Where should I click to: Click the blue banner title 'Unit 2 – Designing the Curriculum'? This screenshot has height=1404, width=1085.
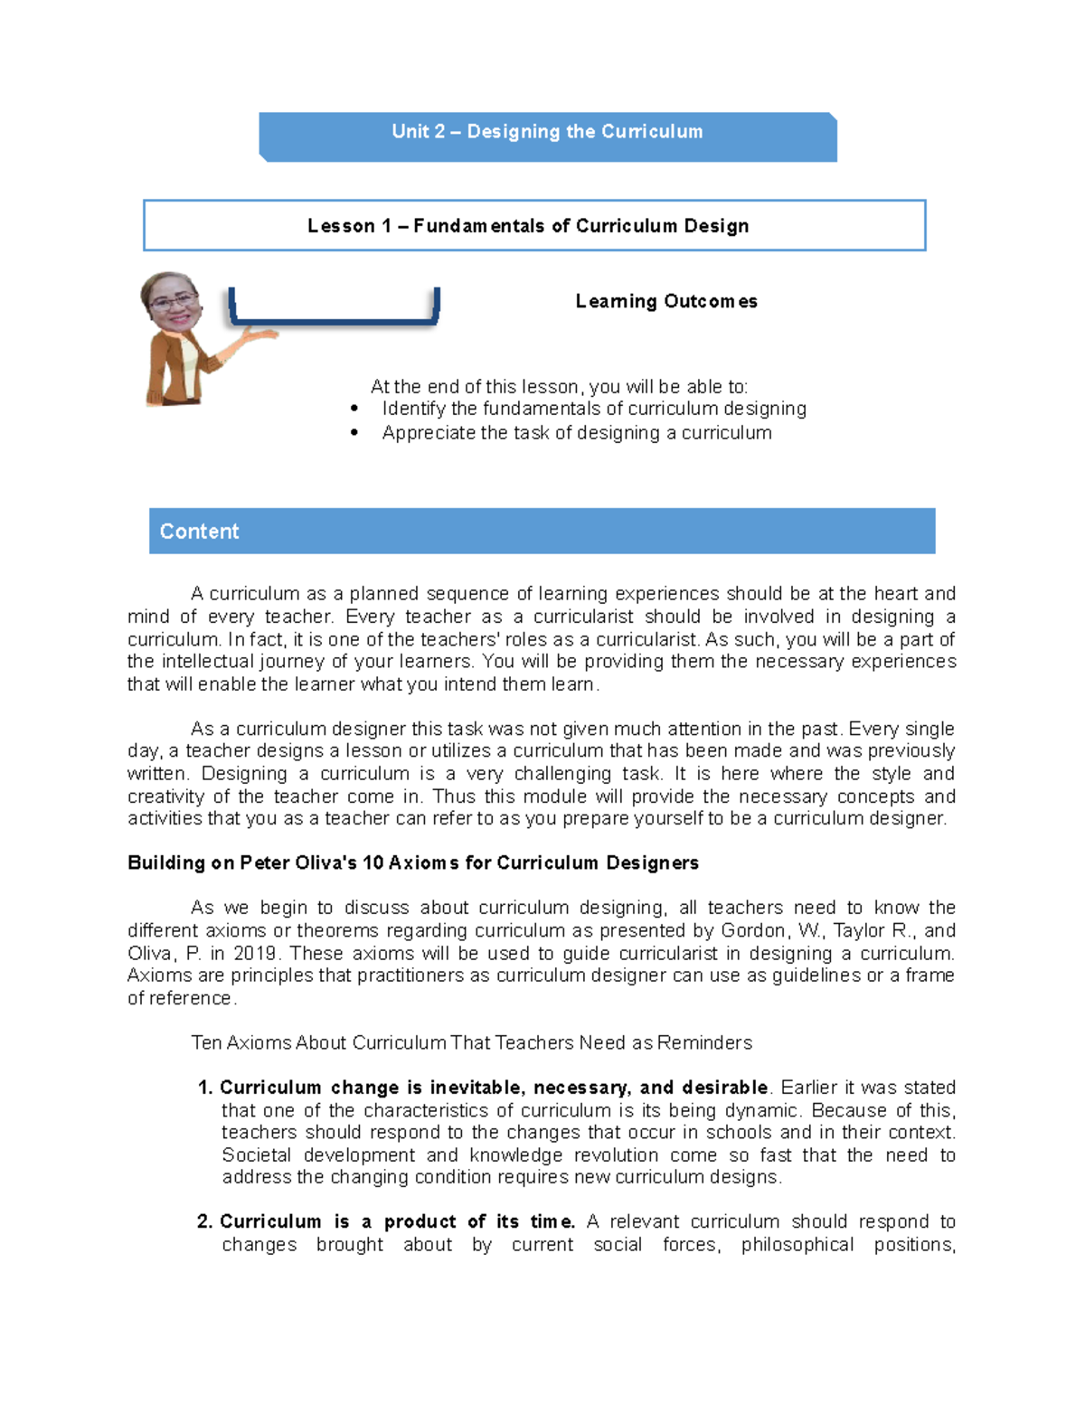547,132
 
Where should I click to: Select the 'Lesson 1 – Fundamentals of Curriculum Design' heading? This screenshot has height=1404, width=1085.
528,226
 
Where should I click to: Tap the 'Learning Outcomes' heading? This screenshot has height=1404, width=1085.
666,301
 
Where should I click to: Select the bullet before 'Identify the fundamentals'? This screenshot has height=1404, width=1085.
354,410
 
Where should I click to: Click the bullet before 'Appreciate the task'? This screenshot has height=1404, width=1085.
354,434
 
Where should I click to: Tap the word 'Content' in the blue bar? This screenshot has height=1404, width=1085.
199,532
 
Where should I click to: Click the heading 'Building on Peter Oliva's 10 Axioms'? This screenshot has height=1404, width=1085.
413,862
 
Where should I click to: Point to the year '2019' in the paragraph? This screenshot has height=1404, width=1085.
257,953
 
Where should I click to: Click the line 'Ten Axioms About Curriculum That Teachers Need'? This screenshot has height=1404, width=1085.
471,1042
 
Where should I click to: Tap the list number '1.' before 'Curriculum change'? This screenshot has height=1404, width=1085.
205,1088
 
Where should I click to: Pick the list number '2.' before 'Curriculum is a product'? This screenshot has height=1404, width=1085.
205,1222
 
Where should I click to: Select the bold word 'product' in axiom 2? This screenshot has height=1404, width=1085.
420,1222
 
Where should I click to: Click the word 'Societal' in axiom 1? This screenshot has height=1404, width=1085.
256,1155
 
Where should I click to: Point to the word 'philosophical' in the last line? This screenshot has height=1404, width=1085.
797,1245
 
